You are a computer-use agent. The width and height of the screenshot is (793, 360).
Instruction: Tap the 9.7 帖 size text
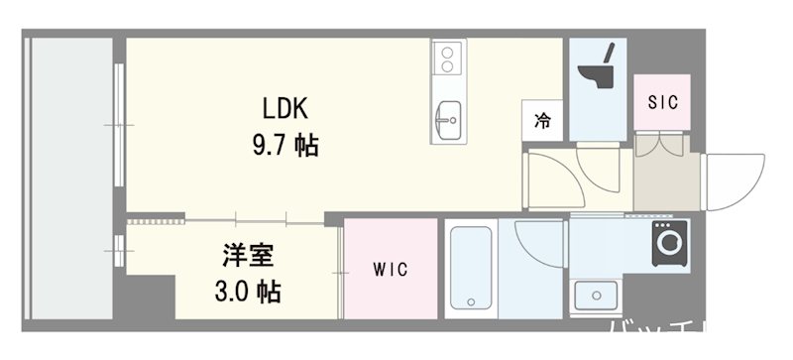pos(283,147)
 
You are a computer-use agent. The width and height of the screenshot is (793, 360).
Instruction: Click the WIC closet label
pos(389,270)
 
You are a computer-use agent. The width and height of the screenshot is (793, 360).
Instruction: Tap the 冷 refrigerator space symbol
pos(542,122)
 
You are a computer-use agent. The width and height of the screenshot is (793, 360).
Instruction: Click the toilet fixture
pos(598,69)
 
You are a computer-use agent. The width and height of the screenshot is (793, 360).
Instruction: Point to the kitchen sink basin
pos(448,120)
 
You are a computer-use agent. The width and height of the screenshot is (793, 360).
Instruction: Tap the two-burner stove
pos(447,58)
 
